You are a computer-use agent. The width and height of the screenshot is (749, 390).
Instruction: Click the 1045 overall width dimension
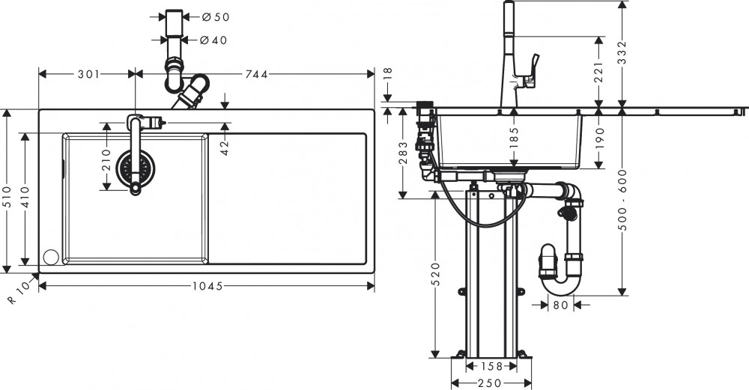[x=204, y=286]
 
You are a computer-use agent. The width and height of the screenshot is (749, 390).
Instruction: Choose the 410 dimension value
[x=27, y=196]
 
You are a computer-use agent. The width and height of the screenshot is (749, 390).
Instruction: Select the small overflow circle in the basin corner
[x=51, y=257]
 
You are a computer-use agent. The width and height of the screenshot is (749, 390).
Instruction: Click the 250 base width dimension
[x=491, y=383]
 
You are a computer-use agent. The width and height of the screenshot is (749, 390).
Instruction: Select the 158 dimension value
[x=491, y=367]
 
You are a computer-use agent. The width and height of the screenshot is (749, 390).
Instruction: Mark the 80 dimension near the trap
[x=559, y=305]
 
